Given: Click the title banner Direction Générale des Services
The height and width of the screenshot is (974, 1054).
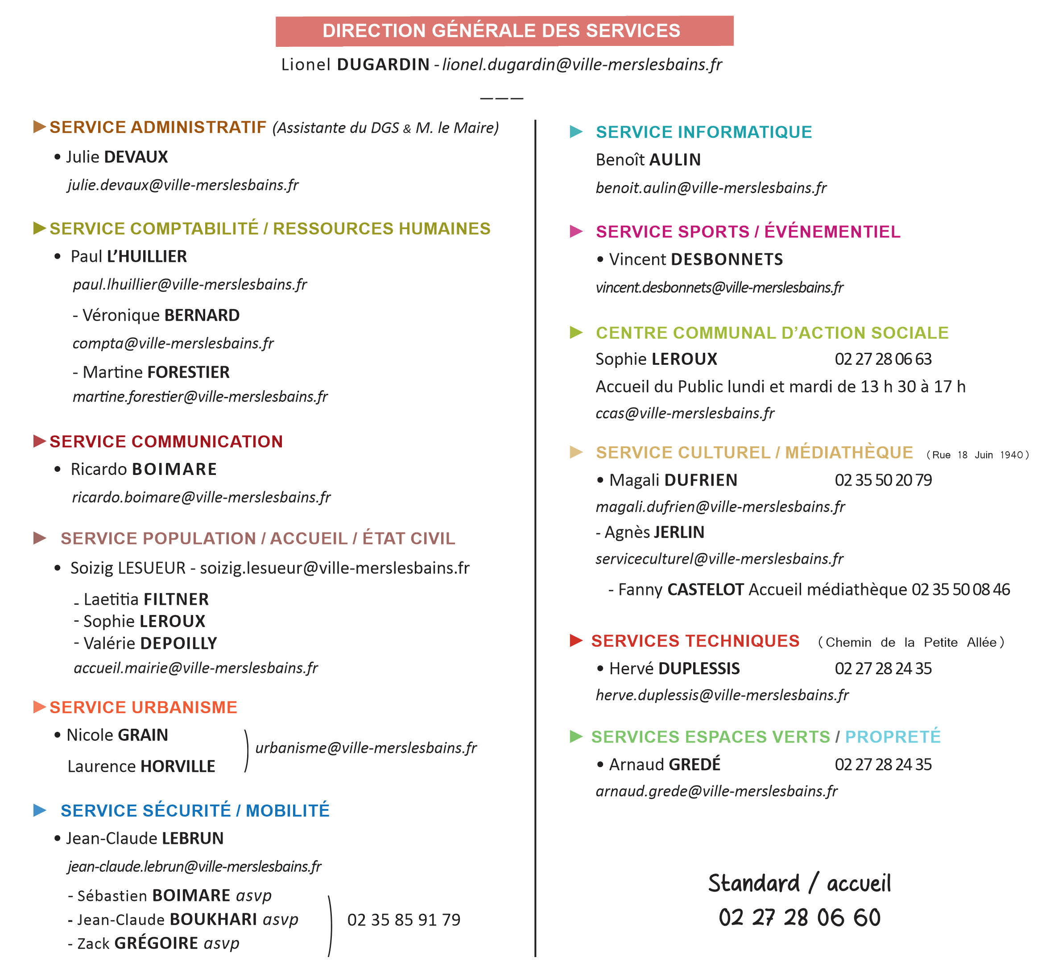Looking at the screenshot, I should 504,31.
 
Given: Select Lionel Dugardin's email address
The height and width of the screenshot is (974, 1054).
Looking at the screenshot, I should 582,64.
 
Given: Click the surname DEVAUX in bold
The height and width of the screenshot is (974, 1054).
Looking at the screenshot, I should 136,157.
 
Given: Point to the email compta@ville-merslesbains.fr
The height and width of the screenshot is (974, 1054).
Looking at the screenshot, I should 173,343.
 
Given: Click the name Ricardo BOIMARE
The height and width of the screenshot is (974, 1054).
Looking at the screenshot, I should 143,469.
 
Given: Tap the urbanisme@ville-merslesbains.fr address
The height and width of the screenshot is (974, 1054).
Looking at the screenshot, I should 366,748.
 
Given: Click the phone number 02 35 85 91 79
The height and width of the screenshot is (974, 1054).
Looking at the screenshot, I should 404,920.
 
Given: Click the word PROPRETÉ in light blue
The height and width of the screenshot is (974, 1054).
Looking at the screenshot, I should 893,736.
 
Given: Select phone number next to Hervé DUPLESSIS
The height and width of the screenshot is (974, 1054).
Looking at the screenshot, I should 883,669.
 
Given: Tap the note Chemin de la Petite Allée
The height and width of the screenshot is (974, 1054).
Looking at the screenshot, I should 911,642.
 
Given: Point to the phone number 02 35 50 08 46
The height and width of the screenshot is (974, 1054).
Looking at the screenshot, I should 961,589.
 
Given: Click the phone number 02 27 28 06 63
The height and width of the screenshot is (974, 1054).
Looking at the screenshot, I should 883,359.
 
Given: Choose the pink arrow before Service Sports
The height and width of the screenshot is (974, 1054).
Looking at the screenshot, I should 576,231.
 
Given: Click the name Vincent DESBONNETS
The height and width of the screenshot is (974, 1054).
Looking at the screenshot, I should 696,259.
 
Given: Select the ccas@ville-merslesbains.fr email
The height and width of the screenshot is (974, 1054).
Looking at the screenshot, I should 685,413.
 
